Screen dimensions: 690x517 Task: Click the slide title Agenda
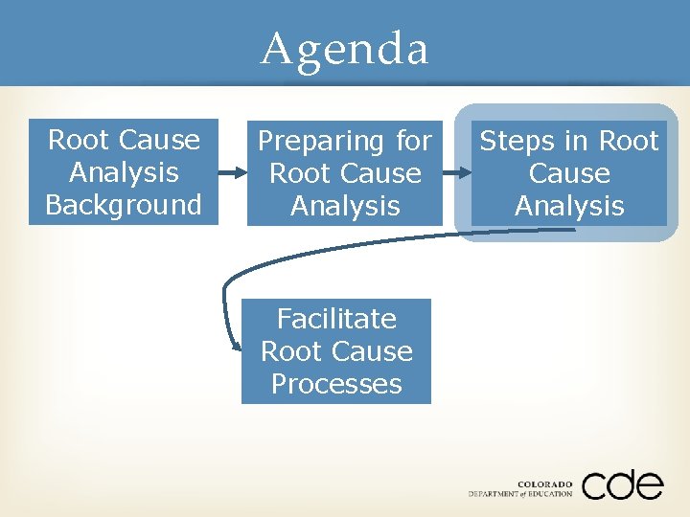[345, 48]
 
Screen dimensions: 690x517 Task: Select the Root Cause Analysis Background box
[124, 172]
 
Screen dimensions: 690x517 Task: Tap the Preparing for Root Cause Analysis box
[345, 173]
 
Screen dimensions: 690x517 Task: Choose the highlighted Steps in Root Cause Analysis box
[569, 173]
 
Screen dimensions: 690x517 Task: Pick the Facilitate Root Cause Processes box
[336, 350]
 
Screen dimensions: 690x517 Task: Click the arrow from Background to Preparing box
[232, 173]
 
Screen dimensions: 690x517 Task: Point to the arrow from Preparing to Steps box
[458, 173]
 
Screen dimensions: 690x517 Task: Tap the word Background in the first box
[124, 205]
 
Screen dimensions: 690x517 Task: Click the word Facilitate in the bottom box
[336, 318]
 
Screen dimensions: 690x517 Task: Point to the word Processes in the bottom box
[336, 384]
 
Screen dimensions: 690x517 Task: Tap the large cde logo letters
[621, 484]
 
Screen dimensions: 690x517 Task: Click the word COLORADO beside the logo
[544, 483]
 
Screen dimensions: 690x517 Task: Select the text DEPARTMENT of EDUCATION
[520, 494]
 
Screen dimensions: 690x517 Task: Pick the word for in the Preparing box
[413, 142]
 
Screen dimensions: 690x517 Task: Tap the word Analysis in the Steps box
[569, 206]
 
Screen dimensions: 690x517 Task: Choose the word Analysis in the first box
[124, 172]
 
